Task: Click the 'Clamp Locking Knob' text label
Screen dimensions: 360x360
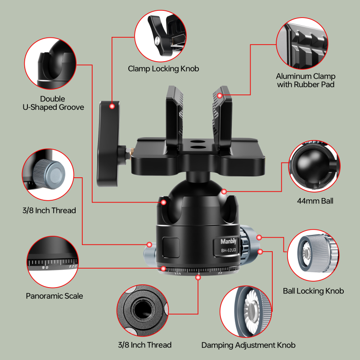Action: click(x=163, y=69)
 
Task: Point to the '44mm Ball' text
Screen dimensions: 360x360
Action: click(x=315, y=201)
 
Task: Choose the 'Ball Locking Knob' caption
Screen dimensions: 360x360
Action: click(x=313, y=291)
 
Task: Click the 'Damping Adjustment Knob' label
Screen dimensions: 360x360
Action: click(x=248, y=345)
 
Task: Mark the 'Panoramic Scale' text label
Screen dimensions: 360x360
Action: click(x=54, y=296)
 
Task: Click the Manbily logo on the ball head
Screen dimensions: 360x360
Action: click(x=229, y=241)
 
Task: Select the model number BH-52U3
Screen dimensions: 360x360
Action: click(x=229, y=250)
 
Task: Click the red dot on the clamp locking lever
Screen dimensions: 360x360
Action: click(x=112, y=106)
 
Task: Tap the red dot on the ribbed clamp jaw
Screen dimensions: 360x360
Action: click(x=219, y=95)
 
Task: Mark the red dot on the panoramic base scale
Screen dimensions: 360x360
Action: click(x=198, y=277)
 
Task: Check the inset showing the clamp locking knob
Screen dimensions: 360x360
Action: click(x=161, y=36)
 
